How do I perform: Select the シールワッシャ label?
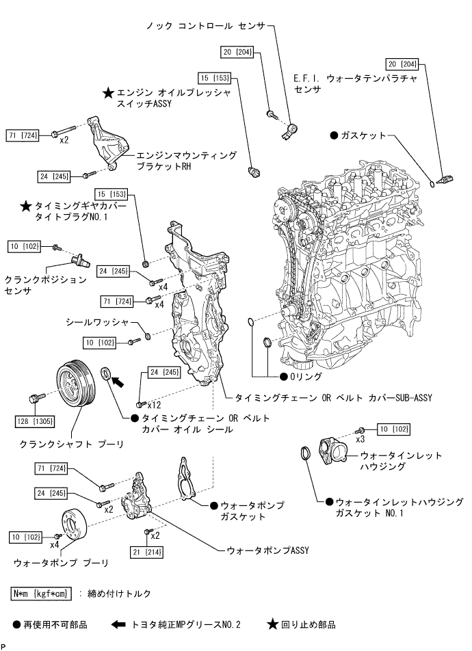coord(96,321)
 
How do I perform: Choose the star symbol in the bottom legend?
coord(272,624)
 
